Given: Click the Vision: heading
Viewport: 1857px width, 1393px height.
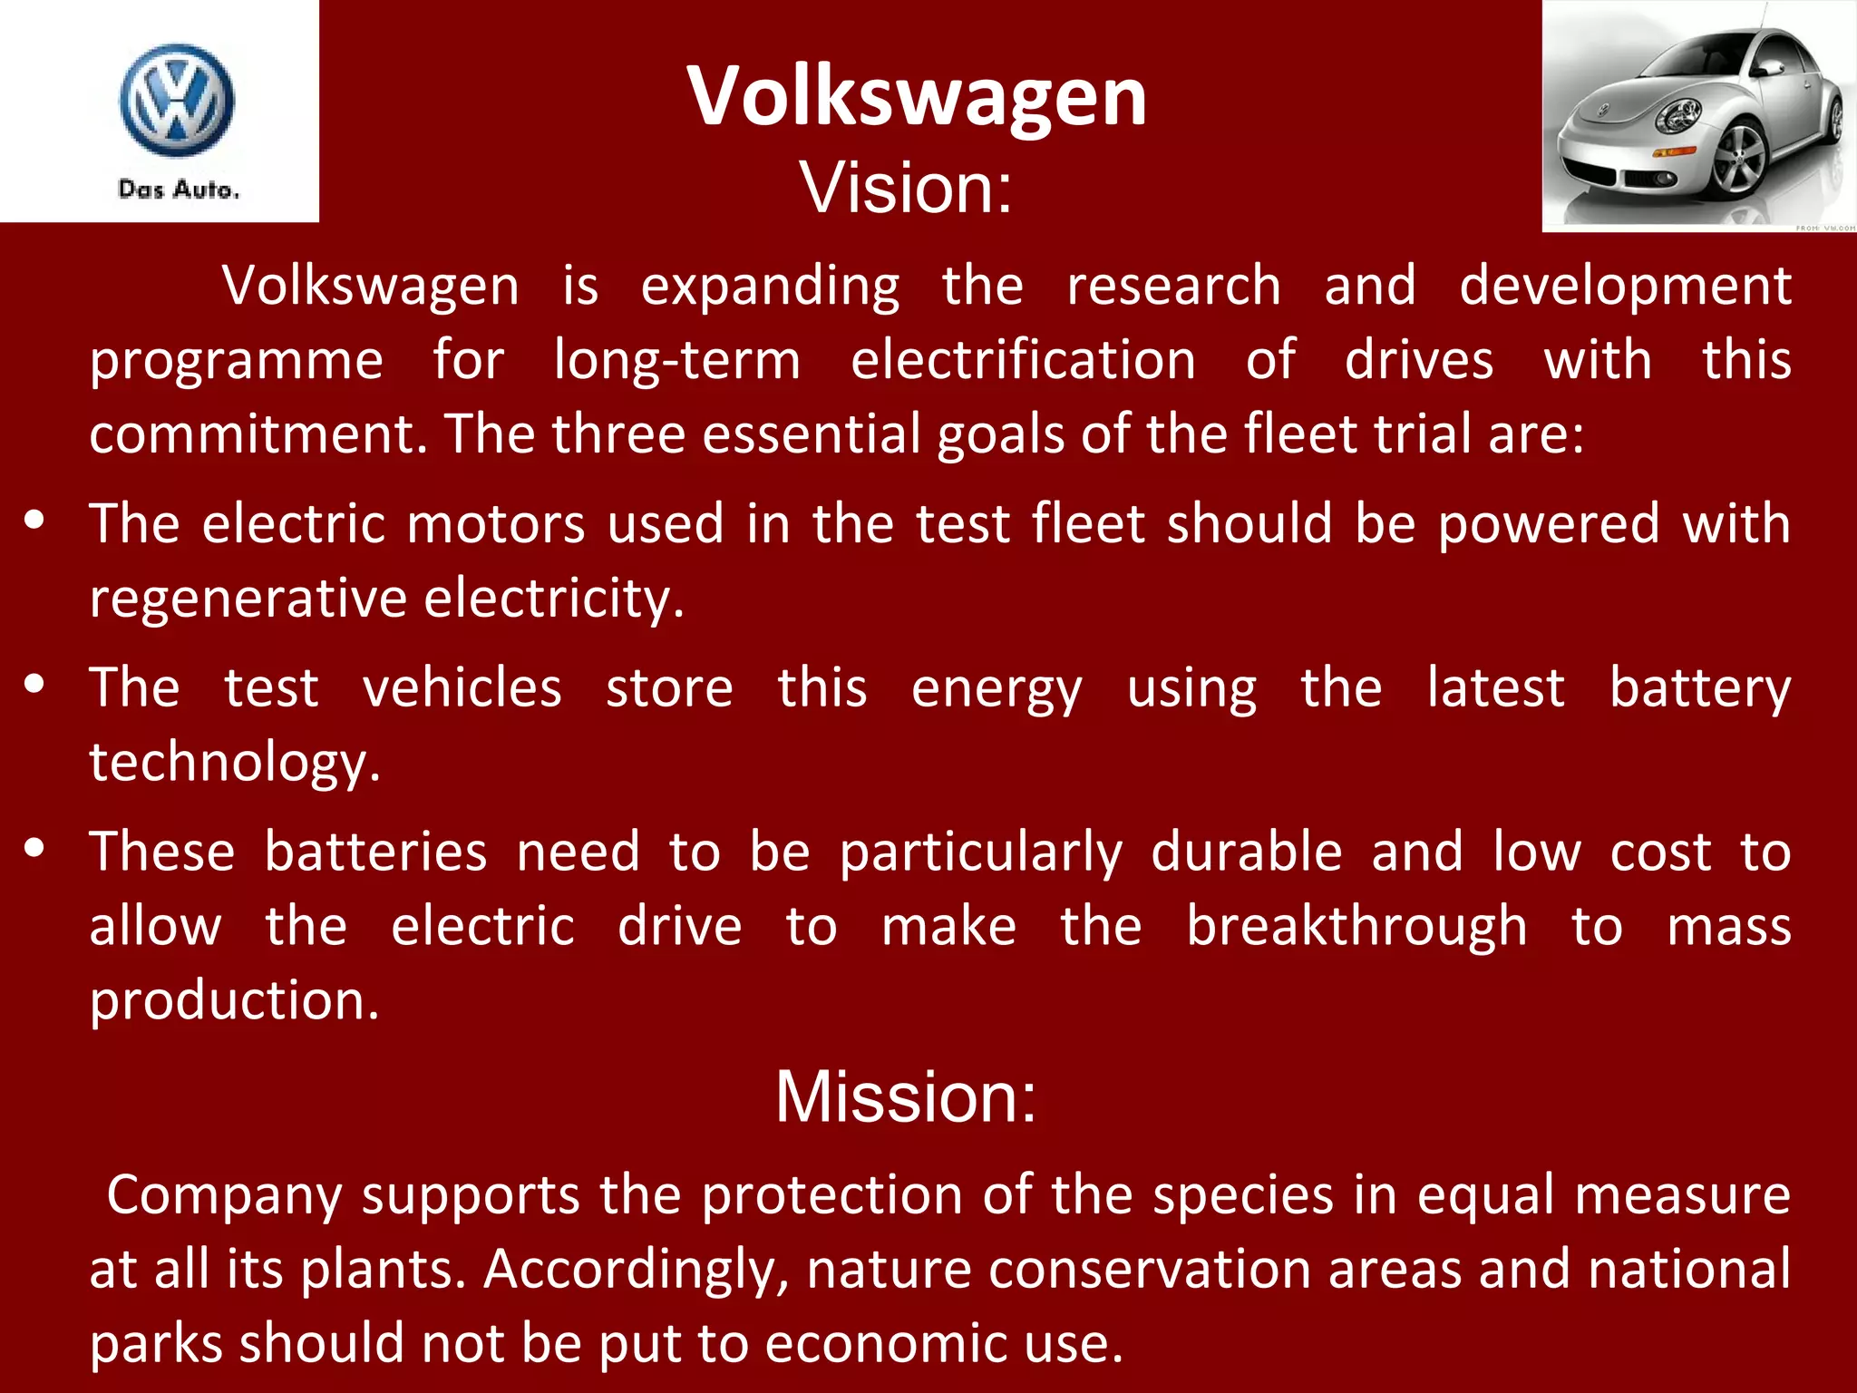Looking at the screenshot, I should click(x=905, y=188).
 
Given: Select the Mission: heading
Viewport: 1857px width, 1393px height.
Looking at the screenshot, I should click(x=905, y=1096).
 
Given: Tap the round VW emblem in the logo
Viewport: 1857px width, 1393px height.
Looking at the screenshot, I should click(x=177, y=100).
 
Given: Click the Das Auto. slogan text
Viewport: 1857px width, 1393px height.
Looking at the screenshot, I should click(x=179, y=190).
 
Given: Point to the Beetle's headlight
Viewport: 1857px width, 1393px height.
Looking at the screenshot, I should click(x=1678, y=116).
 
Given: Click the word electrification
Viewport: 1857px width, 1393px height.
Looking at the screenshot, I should click(x=1023, y=360).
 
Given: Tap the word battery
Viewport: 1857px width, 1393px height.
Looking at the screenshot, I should click(x=1699, y=687).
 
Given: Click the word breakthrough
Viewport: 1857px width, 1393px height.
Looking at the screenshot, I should click(x=1356, y=926).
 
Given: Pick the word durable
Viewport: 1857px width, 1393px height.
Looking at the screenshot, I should click(x=1246, y=852).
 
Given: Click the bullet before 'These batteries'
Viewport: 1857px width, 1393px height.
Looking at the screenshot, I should click(x=35, y=849).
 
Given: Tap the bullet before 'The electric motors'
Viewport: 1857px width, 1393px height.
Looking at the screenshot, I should click(x=35, y=521).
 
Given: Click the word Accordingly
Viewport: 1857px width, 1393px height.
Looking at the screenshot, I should click(x=636, y=1270).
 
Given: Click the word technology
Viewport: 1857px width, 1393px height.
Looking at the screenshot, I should click(x=234, y=762).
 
